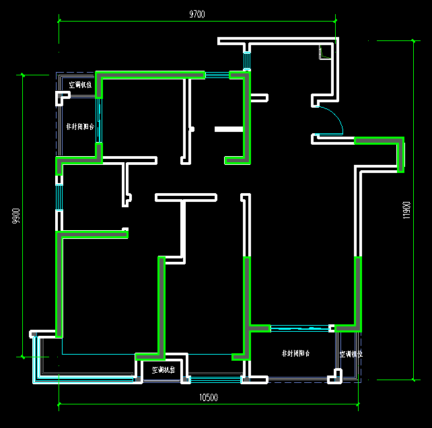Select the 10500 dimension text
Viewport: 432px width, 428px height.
(209, 398)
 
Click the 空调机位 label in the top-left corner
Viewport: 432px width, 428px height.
(81, 85)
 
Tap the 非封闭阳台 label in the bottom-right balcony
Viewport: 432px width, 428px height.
(295, 353)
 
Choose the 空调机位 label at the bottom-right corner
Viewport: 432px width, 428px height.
(351, 354)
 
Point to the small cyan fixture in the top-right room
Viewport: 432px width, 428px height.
(324, 52)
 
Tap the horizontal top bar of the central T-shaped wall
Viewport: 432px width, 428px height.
(186, 197)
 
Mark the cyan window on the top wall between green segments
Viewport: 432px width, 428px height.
(217, 75)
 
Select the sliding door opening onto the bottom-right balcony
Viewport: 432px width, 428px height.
(299, 328)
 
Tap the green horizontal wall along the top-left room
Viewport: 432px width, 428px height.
(151, 75)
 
